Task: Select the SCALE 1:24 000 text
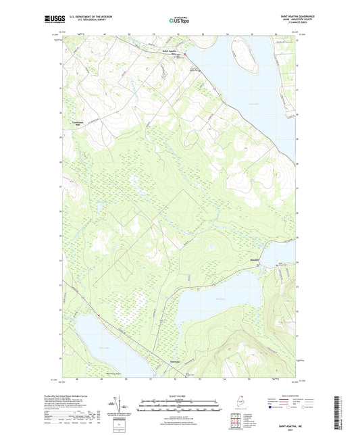(180, 396)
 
